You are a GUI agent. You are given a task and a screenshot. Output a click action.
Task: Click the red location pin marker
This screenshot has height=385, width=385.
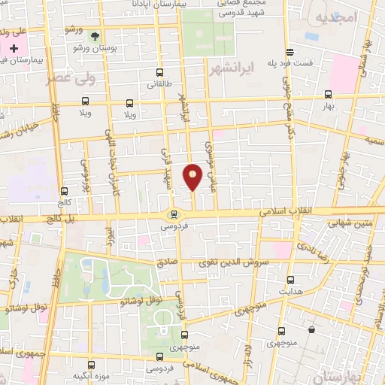click(x=193, y=177)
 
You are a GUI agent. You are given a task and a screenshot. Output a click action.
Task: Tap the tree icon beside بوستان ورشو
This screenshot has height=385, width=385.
click(x=93, y=35)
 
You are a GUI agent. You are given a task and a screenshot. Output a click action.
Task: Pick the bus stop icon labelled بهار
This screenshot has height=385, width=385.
click(x=328, y=95)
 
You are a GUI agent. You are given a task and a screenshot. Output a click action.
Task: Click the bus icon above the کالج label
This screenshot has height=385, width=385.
click(x=65, y=191)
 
